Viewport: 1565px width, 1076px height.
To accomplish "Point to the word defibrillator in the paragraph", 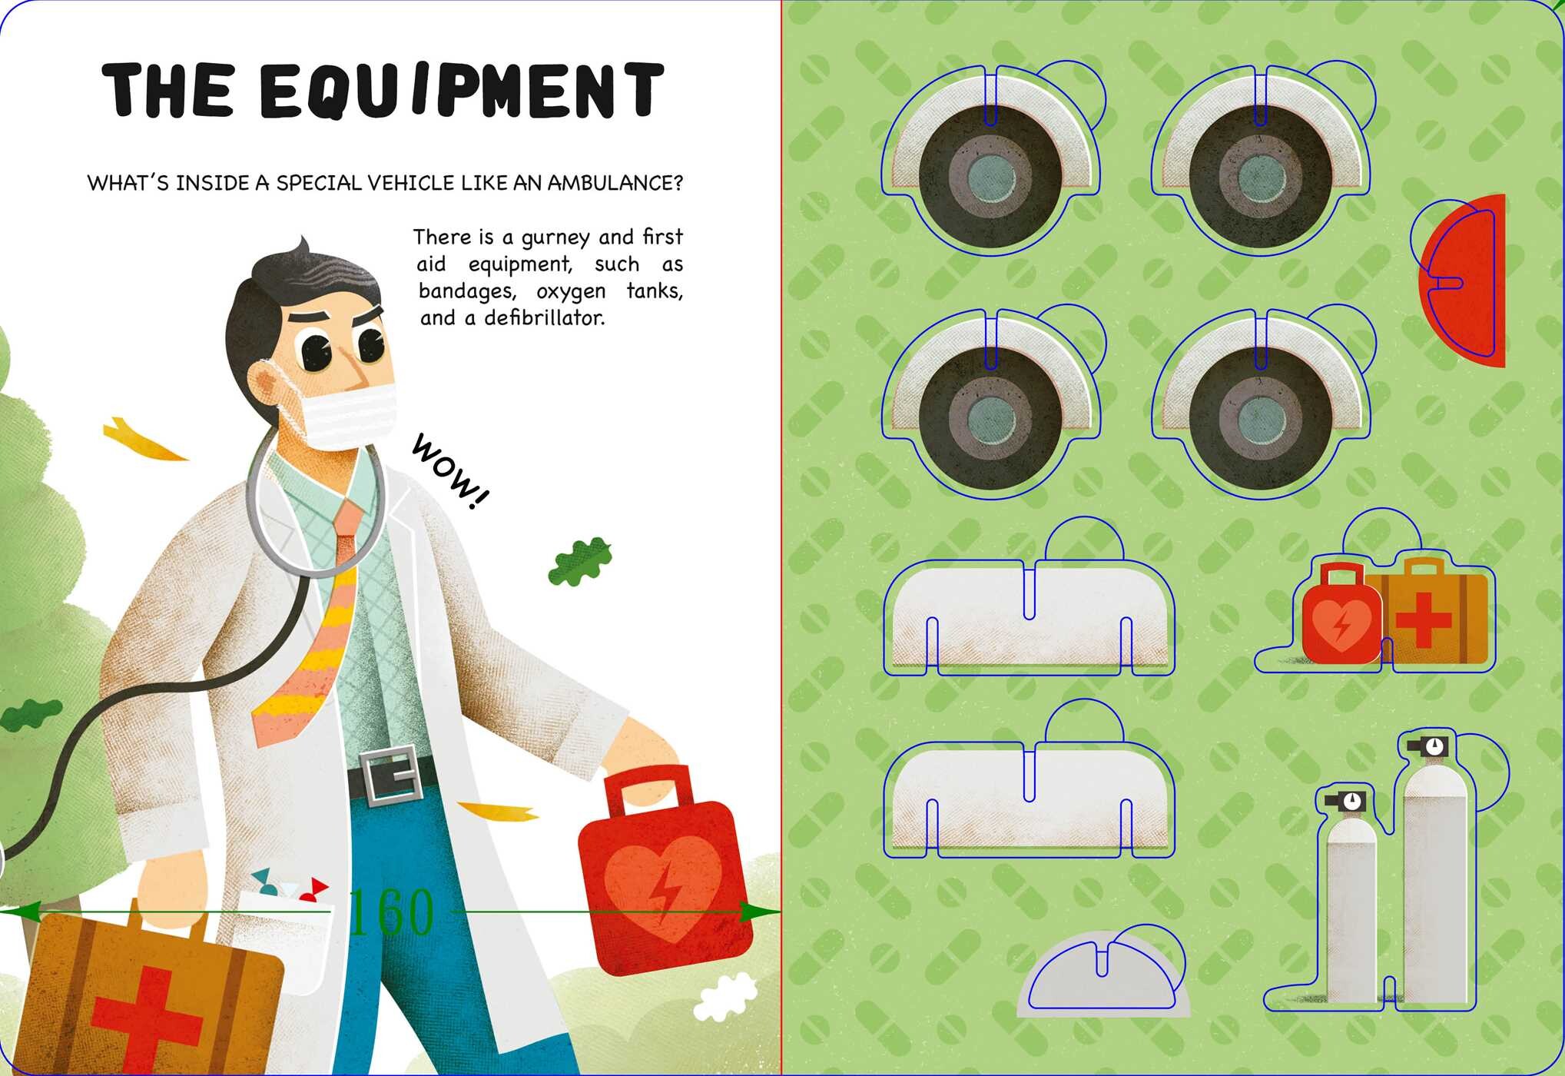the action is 544,317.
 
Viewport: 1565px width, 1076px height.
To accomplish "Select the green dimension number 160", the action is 392,912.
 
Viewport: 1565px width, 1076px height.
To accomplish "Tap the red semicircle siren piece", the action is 1463,281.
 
